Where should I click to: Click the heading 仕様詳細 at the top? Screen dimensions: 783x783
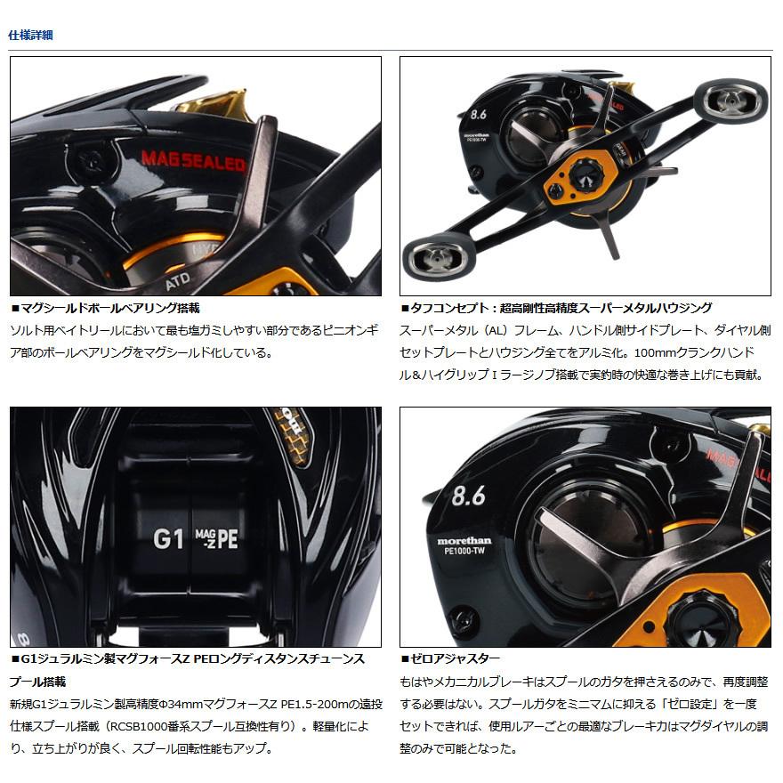pyautogui.click(x=30, y=36)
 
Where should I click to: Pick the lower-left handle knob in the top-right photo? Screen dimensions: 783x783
pyautogui.click(x=432, y=257)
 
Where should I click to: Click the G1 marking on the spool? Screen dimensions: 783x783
pyautogui.click(x=168, y=537)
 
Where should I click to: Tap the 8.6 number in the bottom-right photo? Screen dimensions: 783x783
pyautogui.click(x=468, y=496)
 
